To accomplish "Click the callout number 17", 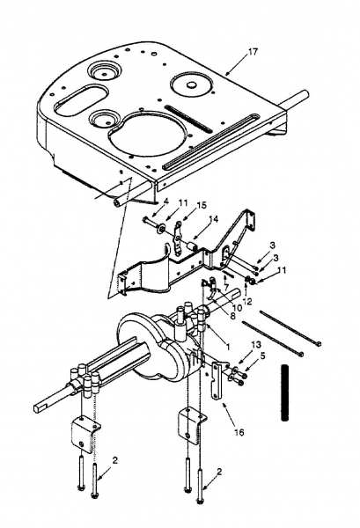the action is pos(253,52).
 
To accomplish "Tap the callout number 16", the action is pos(239,432).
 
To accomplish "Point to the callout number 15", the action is pos(202,205).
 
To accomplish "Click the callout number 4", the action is pos(165,202).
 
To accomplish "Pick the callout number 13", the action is pos(256,344).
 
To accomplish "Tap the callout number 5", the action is pos(262,356).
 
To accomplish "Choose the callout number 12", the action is pos(247,301).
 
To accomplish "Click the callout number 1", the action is pos(228,346).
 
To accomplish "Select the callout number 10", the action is pos(237,307).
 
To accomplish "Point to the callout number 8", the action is pos(232,316).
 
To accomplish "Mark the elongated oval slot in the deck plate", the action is pos(82,99).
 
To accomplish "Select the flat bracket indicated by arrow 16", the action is pos(216,381).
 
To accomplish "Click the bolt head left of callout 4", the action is pos(145,219).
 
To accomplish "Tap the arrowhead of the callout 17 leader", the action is pos(226,73).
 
